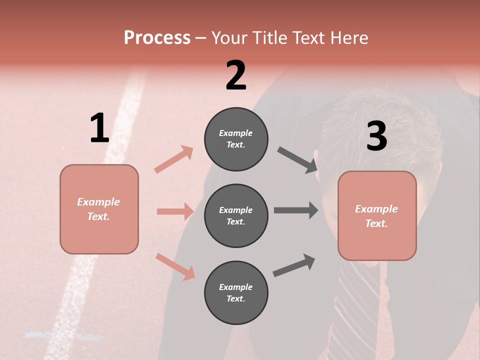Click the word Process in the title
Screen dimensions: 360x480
pyautogui.click(x=157, y=37)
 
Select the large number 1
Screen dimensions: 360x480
pyautogui.click(x=99, y=128)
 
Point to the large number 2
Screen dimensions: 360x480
pyautogui.click(x=236, y=75)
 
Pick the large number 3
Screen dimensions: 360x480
pyautogui.click(x=376, y=136)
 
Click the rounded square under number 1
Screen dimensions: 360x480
pyautogui.click(x=99, y=209)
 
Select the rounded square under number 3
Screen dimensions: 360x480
pyautogui.click(x=377, y=215)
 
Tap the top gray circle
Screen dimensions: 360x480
pyautogui.click(x=236, y=139)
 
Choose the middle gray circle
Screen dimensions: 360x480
pyautogui.click(x=236, y=215)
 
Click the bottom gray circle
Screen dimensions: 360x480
pyautogui.click(x=236, y=292)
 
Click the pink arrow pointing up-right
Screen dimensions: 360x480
pyautogui.click(x=174, y=159)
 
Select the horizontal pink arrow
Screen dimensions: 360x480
pyautogui.click(x=175, y=211)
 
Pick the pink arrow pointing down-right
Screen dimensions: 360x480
pyautogui.click(x=175, y=266)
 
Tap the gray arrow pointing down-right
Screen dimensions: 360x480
pyautogui.click(x=298, y=160)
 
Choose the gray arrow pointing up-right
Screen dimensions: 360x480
pyautogui.click(x=294, y=265)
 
